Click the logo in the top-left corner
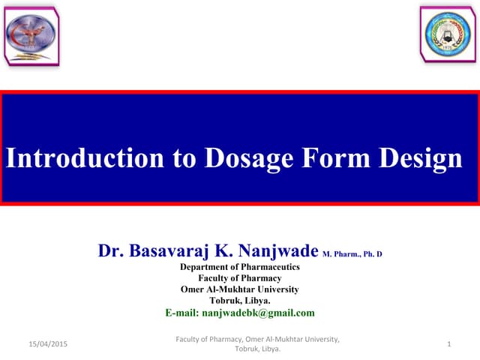[x=31, y=34]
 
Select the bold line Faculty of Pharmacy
[x=240, y=278]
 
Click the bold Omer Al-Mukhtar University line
[x=240, y=289]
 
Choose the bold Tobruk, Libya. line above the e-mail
[x=240, y=301]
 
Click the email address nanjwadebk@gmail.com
[x=259, y=313]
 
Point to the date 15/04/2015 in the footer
[x=46, y=343]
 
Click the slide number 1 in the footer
[x=447, y=343]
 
